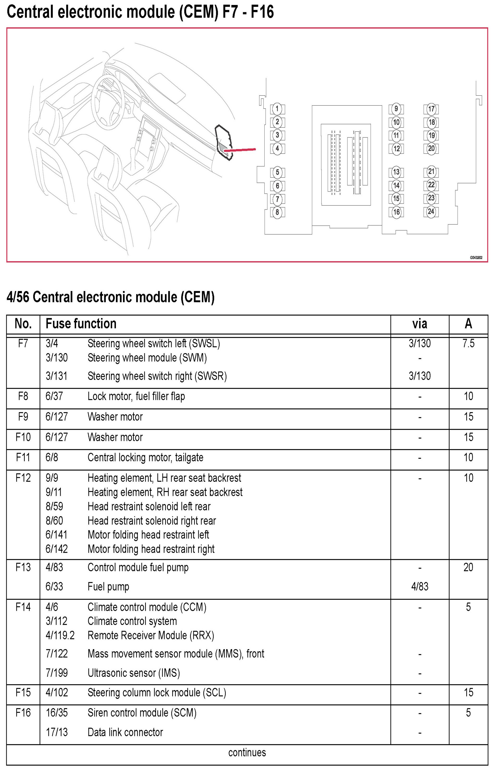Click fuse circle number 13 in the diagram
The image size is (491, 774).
pyautogui.click(x=396, y=172)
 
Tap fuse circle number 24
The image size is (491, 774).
pyautogui.click(x=431, y=212)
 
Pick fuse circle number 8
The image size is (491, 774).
pyautogui.click(x=277, y=212)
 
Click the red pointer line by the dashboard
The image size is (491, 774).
pyautogui.click(x=239, y=150)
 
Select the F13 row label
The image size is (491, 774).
pyautogui.click(x=23, y=567)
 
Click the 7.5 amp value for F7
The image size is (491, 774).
pyautogui.click(x=468, y=343)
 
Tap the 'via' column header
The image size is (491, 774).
pyautogui.click(x=420, y=324)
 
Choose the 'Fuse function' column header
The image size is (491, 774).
pyautogui.click(x=81, y=324)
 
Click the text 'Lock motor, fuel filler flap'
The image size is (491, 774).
pyautogui.click(x=136, y=396)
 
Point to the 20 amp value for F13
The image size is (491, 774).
pyautogui.click(x=468, y=567)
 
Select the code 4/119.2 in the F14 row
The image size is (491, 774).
pyautogui.click(x=60, y=635)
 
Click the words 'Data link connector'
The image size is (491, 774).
pyautogui.click(x=125, y=732)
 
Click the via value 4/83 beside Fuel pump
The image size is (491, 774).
pyautogui.click(x=420, y=586)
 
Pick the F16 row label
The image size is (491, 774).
pyautogui.click(x=23, y=712)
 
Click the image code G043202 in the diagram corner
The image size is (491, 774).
pyautogui.click(x=476, y=258)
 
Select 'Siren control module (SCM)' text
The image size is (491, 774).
pyautogui.click(x=142, y=712)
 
